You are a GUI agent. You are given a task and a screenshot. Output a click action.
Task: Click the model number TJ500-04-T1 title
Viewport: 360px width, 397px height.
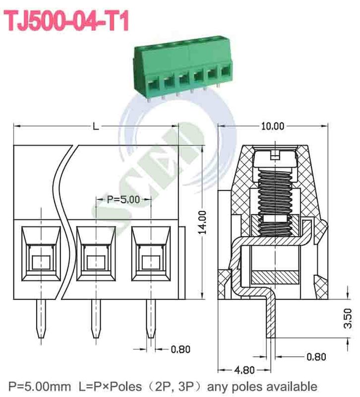tap(67, 21)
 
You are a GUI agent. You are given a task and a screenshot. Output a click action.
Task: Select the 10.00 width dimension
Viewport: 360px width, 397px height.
tap(272, 127)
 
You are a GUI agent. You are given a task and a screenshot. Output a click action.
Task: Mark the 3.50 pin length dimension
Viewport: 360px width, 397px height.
tap(348, 318)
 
